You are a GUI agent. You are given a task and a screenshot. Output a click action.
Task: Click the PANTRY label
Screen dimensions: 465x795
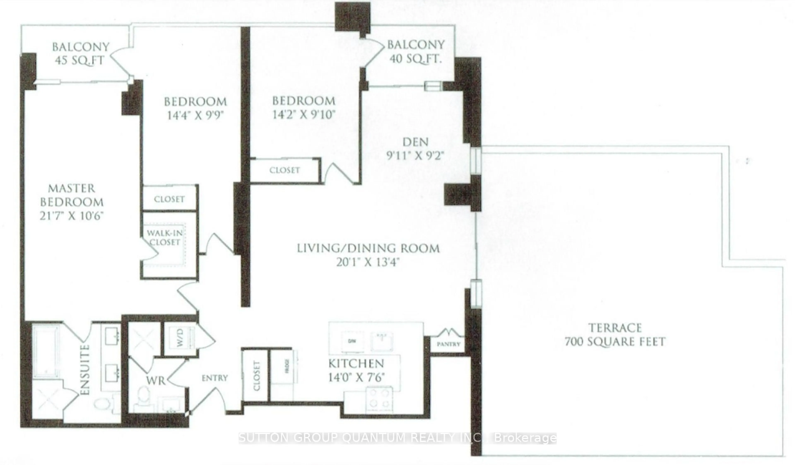pos(448,344)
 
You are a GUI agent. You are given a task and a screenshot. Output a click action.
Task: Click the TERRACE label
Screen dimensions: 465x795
pos(615,328)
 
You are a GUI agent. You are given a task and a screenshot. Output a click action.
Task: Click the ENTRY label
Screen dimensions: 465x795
pos(214,378)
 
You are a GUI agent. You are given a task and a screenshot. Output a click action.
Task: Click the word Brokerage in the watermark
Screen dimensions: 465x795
pos(524,438)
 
